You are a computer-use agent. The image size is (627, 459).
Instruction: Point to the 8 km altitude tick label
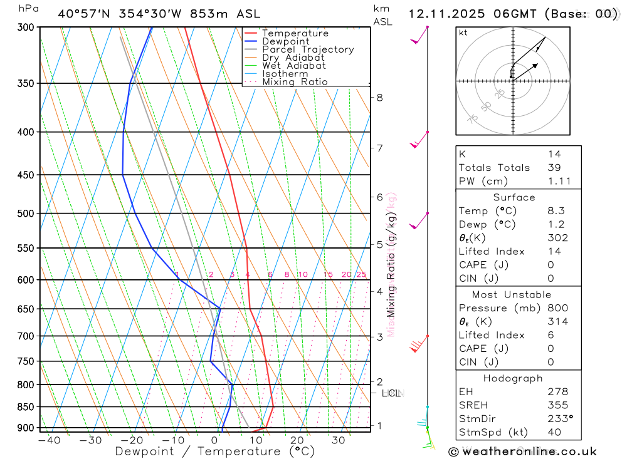point(380,97)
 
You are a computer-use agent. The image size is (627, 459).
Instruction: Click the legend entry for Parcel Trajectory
point(308,49)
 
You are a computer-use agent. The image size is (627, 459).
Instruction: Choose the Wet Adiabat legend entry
point(294,66)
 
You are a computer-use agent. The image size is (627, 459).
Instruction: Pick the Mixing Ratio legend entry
point(295,82)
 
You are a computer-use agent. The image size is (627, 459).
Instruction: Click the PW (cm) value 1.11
point(559,181)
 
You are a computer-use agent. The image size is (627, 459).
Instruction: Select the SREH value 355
point(556,405)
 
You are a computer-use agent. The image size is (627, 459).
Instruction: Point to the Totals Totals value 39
point(554,167)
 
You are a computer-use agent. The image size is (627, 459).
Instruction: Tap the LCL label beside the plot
point(391,393)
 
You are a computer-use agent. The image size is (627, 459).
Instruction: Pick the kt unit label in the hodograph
point(463,33)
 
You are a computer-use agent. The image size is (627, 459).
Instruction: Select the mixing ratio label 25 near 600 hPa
point(361,274)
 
